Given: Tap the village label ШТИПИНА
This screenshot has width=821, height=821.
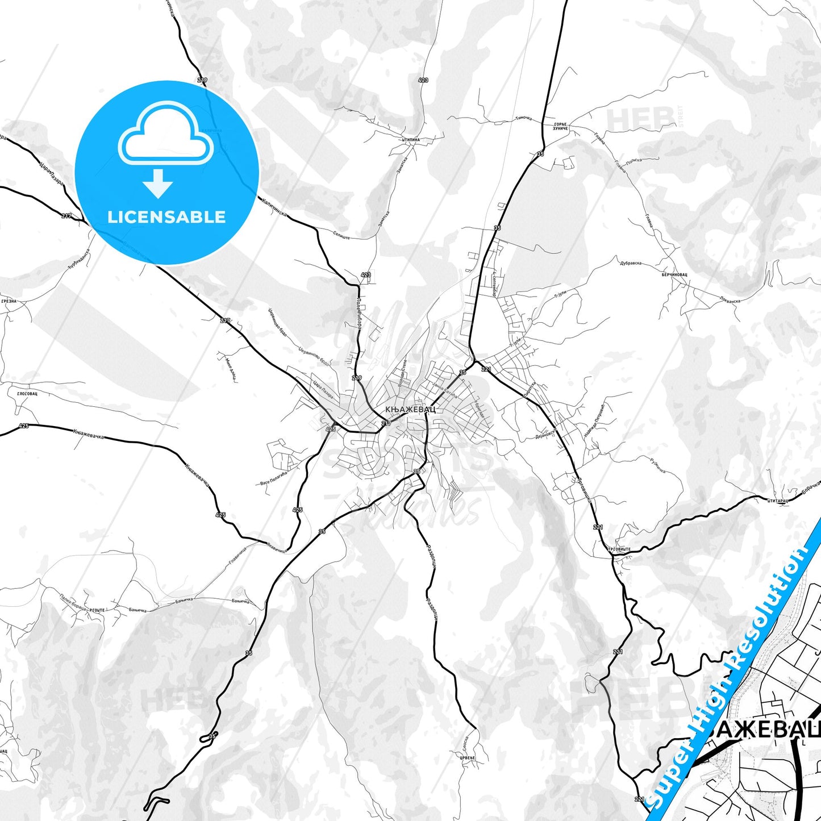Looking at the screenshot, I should click(x=410, y=139).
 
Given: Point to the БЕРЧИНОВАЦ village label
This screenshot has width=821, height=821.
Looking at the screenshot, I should click(x=674, y=274).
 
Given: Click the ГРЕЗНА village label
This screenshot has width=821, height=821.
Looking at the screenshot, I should click(x=9, y=301).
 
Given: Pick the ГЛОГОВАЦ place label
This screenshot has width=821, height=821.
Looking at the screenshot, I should click(x=27, y=393).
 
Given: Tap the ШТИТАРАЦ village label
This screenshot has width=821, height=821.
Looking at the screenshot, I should click(x=777, y=501).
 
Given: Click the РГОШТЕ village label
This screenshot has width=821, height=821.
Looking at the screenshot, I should click(x=97, y=610).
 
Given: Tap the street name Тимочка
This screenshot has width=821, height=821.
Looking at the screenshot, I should click(x=523, y=118).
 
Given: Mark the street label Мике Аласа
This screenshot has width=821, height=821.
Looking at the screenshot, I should click(x=228, y=367).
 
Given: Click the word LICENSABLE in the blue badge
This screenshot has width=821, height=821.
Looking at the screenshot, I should click(x=166, y=216).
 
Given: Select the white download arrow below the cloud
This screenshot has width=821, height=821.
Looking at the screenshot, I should click(x=158, y=184).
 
